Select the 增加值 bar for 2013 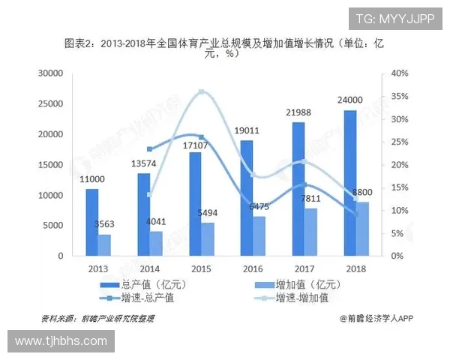click(x=105, y=245)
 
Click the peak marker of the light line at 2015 click(x=201, y=92)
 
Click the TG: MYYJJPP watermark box click(x=394, y=19)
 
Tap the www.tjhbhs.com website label click(x=61, y=341)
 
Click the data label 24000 click(x=350, y=100)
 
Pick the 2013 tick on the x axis click(x=98, y=268)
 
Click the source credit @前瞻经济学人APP click(x=376, y=318)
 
